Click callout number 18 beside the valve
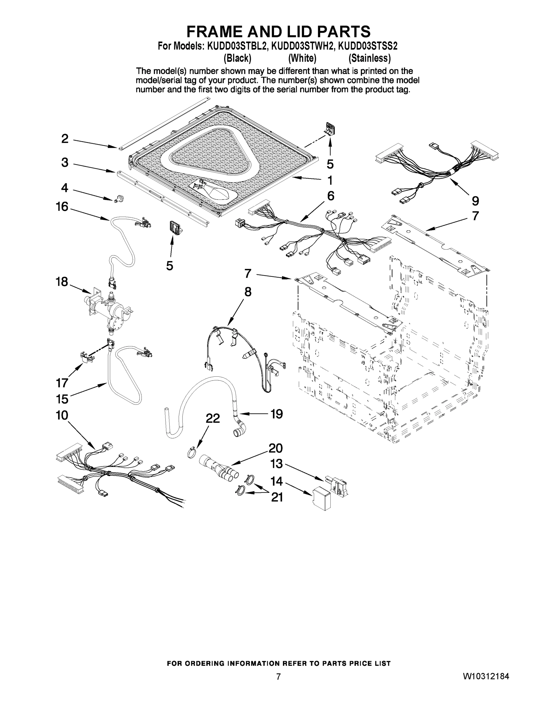click(62, 282)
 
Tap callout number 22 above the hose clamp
click(212, 418)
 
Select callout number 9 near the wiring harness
click(475, 200)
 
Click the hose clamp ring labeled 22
click(192, 453)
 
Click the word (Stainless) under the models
click(370, 58)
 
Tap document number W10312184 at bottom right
click(486, 676)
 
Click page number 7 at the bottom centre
click(278, 677)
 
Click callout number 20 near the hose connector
click(276, 448)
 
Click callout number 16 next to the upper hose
click(62, 207)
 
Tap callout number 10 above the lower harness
click(62, 415)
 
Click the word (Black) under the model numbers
click(237, 58)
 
